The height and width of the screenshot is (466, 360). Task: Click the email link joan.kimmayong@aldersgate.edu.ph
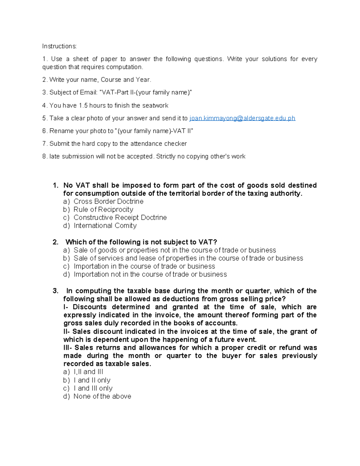242,118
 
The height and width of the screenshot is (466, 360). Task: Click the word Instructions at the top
59,46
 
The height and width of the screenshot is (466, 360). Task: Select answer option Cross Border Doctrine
108,201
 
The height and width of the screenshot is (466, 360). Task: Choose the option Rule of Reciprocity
103,209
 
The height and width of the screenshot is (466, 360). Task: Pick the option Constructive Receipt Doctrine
120,218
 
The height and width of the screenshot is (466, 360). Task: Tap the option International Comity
105,226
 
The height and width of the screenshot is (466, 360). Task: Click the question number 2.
55,242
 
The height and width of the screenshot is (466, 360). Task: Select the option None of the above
102,396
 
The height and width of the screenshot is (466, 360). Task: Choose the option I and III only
93,388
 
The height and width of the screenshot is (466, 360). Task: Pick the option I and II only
92,380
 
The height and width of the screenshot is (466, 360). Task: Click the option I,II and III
88,372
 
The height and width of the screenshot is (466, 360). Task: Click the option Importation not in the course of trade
150,274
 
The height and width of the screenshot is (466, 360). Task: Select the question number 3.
55,291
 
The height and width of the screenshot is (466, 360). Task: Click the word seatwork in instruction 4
155,106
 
